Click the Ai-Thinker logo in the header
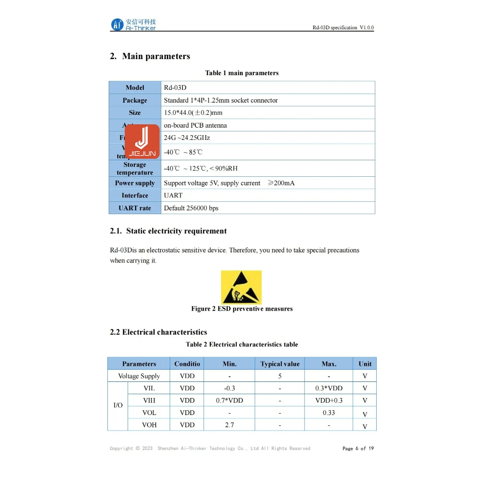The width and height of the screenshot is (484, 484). click(x=134, y=25)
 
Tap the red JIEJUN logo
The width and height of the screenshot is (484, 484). click(x=142, y=141)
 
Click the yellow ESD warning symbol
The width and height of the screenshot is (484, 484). click(x=241, y=287)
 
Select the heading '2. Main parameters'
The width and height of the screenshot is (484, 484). click(x=150, y=56)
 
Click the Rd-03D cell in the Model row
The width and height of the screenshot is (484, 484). click(x=175, y=87)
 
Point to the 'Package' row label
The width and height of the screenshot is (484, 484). click(x=135, y=100)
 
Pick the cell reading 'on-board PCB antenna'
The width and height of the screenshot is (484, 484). click(x=195, y=125)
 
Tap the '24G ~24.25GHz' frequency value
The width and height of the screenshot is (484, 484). click(x=187, y=138)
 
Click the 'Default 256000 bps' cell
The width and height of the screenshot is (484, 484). click(x=191, y=208)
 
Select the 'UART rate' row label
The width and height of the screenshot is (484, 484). click(x=135, y=208)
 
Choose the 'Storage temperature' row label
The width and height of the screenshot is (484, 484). click(x=135, y=168)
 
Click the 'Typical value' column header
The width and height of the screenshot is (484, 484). click(x=280, y=363)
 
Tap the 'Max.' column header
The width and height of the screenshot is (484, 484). click(x=328, y=363)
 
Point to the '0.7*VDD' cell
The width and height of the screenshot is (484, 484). click(x=229, y=400)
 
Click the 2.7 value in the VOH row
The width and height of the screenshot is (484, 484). click(x=229, y=425)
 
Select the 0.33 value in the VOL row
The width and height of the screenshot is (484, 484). click(x=328, y=413)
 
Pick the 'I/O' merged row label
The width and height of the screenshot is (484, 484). click(x=118, y=406)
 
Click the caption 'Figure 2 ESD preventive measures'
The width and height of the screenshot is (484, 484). click(x=242, y=309)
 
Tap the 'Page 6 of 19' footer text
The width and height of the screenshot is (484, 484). click(x=358, y=449)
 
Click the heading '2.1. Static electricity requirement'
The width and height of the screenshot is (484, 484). click(x=168, y=231)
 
